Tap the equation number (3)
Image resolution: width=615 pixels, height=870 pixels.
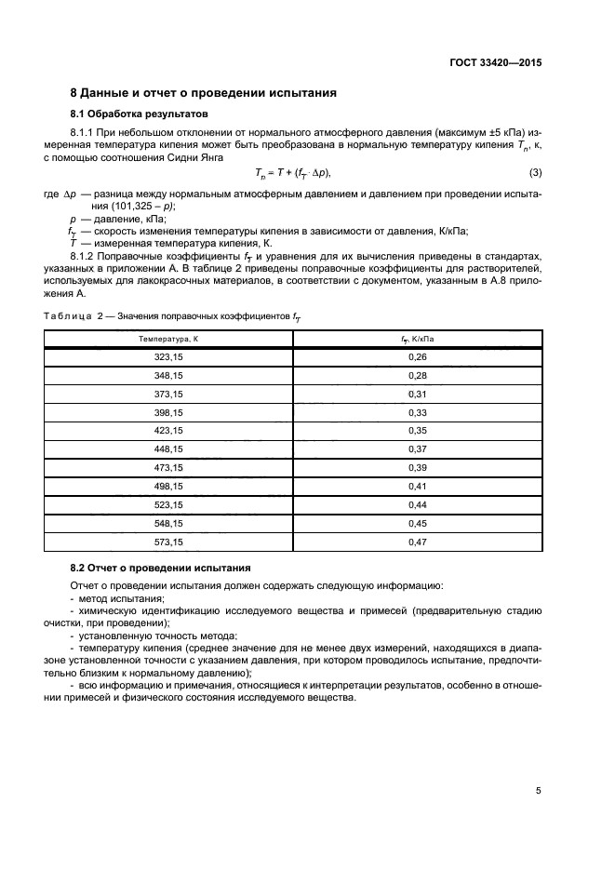(x=535, y=174)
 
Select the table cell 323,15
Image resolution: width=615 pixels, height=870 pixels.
(x=168, y=357)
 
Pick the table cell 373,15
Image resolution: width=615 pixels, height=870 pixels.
(x=168, y=394)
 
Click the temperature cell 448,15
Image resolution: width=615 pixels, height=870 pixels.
(x=168, y=448)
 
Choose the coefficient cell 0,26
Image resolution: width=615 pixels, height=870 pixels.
(x=417, y=357)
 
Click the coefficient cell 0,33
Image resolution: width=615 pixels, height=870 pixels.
(x=417, y=412)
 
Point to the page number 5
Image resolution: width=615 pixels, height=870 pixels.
(x=538, y=791)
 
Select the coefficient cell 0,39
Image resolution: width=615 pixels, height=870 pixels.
(x=417, y=467)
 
